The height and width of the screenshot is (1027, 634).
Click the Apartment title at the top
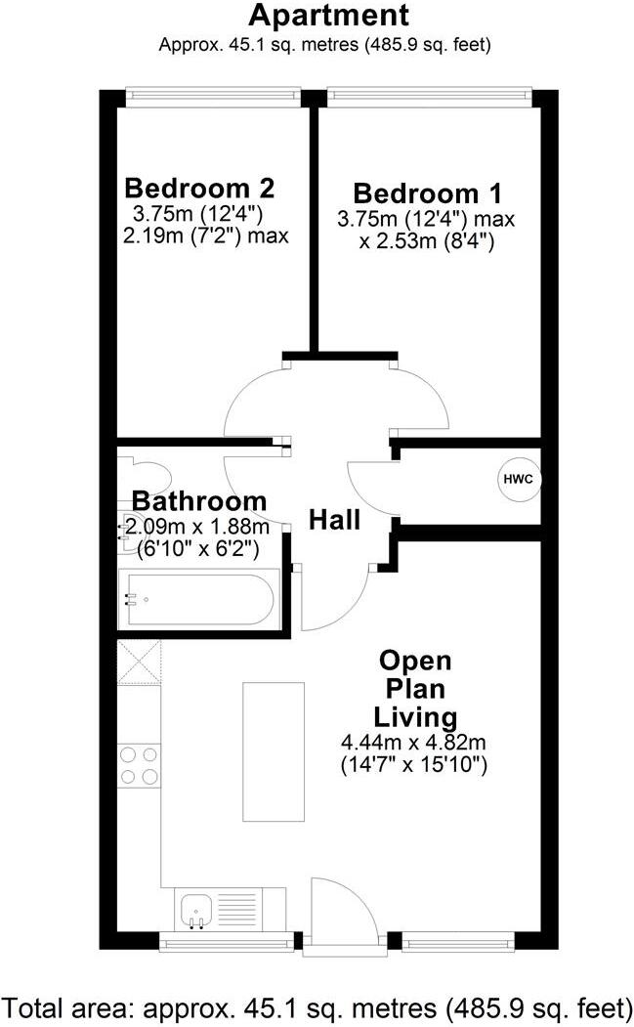pos(327,16)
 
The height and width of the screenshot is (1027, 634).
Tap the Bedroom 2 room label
pos(199,187)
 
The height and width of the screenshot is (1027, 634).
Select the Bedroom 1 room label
pos(426,192)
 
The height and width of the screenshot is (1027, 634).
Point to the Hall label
pos(335,520)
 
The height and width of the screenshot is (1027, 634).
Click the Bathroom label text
pos(199,501)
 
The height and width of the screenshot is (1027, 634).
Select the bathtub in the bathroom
pos(200,599)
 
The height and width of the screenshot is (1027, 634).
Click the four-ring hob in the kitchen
pos(139,764)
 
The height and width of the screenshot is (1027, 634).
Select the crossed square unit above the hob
pos(137,663)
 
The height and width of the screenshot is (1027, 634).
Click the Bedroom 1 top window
pos(430,96)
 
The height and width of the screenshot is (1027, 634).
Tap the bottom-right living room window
pos(458,942)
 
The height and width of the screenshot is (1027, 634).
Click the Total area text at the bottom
pos(317,1006)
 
